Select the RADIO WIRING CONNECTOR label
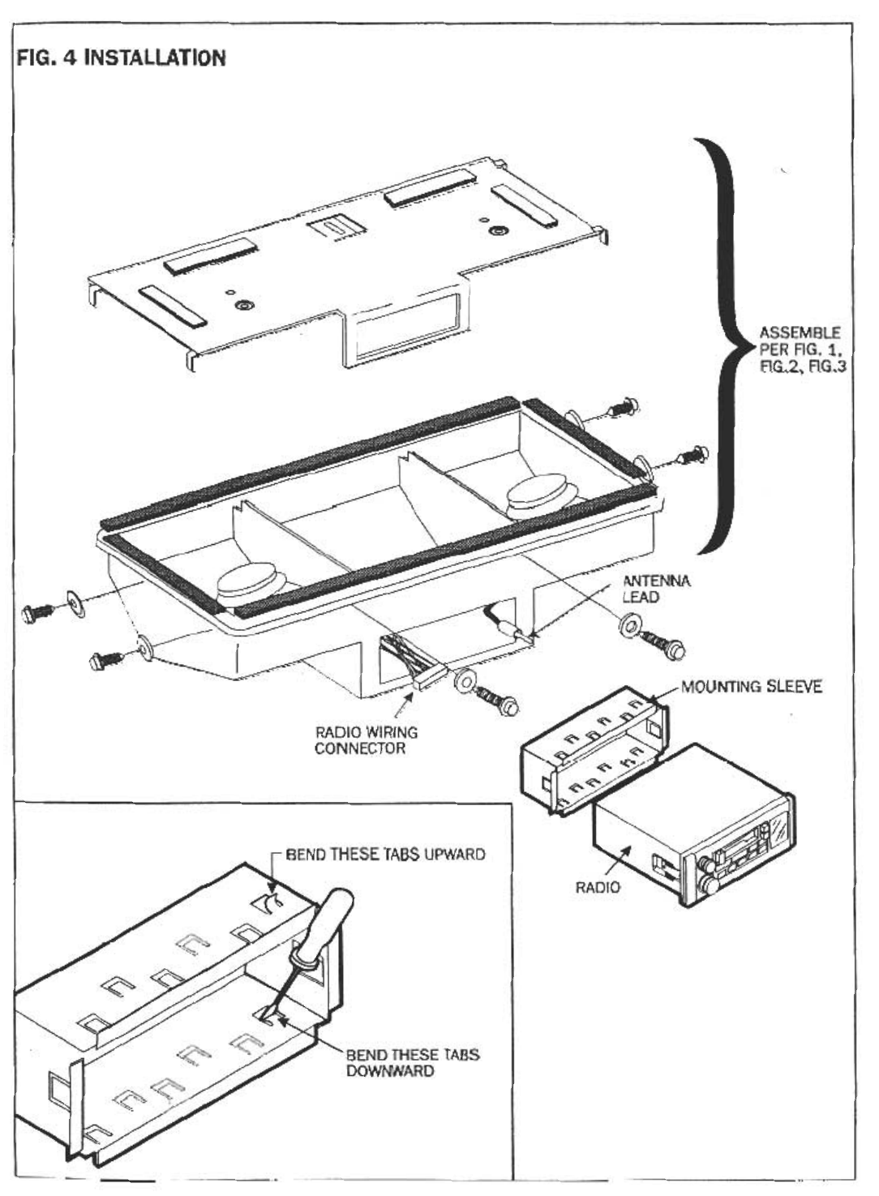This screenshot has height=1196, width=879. tap(366, 739)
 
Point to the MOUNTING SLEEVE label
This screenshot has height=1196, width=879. tap(751, 688)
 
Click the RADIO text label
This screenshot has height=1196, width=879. tap(598, 887)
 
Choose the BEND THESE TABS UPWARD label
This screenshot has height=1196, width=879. tap(385, 854)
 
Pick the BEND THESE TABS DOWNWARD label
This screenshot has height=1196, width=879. tap(412, 1063)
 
